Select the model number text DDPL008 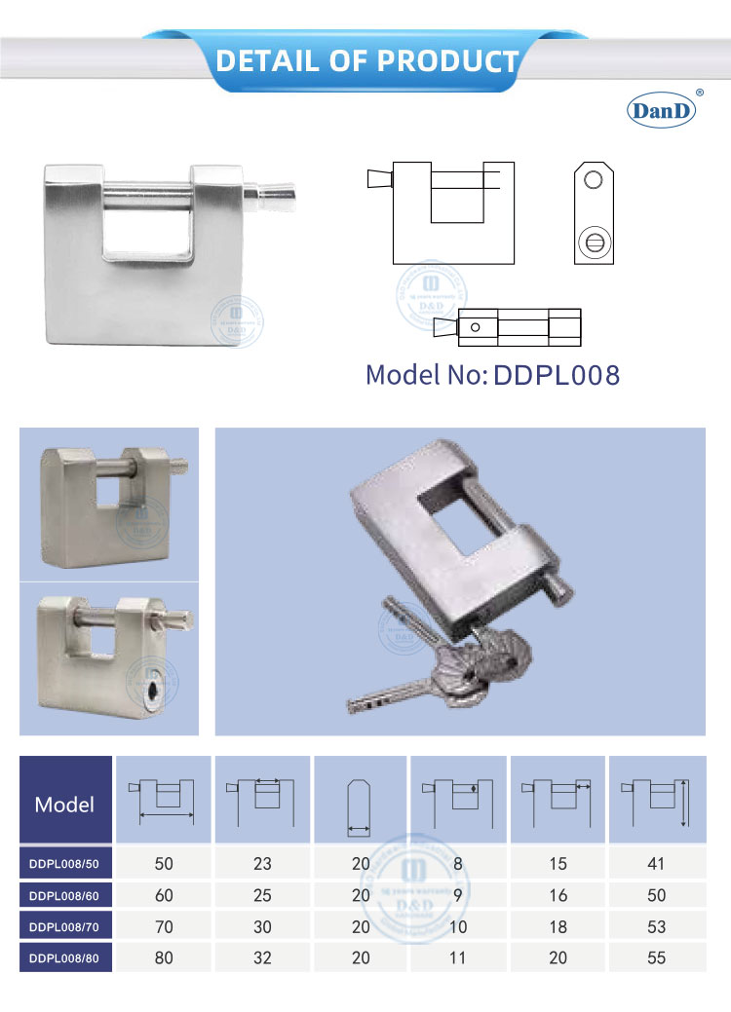click(557, 376)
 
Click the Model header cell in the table click(64, 804)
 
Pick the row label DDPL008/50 click(65, 863)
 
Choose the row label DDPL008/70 click(65, 926)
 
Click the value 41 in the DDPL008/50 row click(656, 863)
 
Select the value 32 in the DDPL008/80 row click(262, 957)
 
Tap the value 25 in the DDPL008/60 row click(262, 894)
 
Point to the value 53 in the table click(656, 926)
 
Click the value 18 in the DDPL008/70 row click(558, 926)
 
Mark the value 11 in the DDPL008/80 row click(458, 957)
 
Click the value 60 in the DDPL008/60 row click(164, 894)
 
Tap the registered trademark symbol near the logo click(698, 94)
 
